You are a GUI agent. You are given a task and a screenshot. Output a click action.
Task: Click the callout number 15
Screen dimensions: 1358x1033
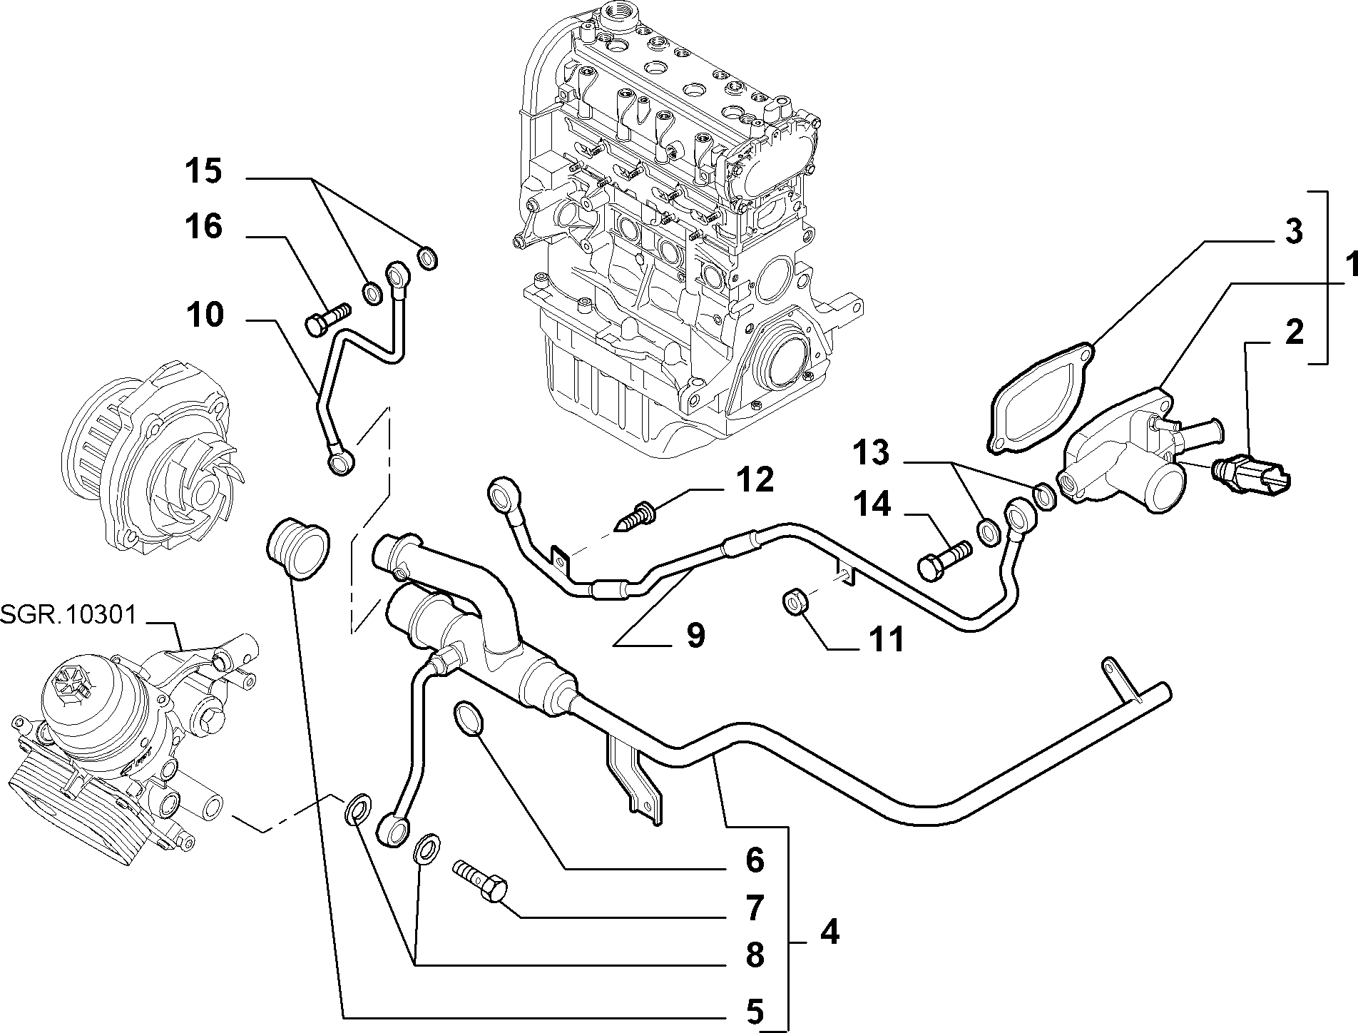204,173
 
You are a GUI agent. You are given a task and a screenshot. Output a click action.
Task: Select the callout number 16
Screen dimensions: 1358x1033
204,228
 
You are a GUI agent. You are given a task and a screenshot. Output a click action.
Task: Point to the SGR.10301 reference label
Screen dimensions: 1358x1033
68,614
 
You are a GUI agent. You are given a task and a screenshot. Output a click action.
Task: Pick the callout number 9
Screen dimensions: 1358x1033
695,635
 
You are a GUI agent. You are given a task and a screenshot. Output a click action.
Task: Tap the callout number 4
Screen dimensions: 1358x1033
829,932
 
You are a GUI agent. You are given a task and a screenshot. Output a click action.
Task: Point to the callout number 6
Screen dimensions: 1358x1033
755,861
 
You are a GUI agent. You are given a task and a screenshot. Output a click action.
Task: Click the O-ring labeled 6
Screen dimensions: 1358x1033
469,718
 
